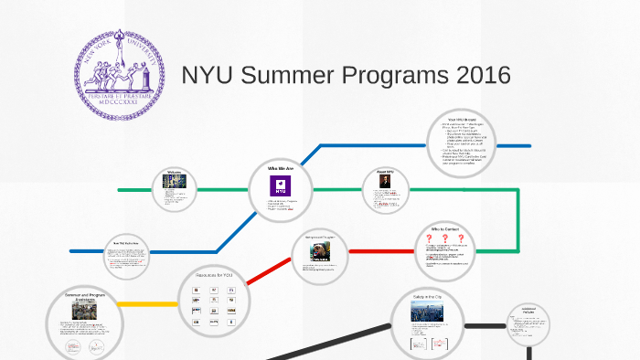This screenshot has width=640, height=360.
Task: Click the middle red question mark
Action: [445, 239]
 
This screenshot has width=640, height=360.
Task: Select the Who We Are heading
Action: [281, 170]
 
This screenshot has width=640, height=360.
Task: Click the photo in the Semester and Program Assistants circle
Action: [84, 311]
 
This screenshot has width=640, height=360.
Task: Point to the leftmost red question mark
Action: [428, 239]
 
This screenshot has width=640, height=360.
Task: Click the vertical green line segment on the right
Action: [518, 219]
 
